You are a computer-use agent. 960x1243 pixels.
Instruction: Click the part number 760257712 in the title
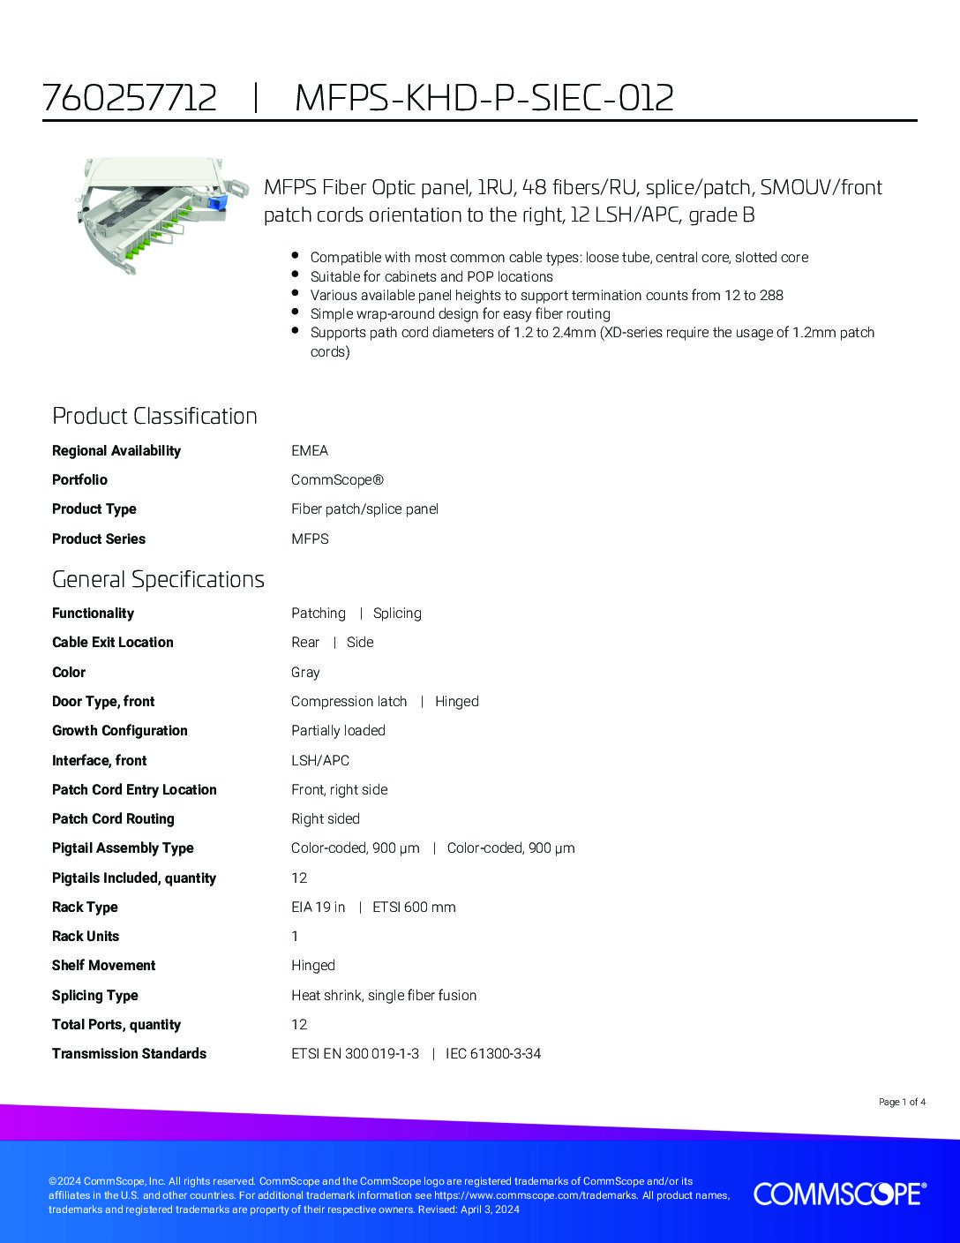point(130,97)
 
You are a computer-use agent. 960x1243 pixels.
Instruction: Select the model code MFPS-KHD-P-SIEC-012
point(484,97)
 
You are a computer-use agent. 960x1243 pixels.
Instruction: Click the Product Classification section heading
point(154,416)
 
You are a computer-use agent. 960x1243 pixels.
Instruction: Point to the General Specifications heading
point(158,579)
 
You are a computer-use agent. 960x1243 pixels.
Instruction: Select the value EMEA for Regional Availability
point(310,450)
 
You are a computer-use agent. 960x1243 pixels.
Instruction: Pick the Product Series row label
point(99,539)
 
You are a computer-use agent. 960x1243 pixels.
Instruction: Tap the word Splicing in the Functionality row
point(397,614)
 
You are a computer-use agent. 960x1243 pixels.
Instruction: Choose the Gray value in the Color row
point(305,673)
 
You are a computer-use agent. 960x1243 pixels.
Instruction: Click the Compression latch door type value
point(349,702)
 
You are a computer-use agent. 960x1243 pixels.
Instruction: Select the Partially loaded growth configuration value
point(338,731)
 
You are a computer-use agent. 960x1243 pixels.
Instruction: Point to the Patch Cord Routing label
point(113,819)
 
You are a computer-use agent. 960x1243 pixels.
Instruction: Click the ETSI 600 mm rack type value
point(414,908)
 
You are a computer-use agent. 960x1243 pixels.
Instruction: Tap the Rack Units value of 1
point(296,937)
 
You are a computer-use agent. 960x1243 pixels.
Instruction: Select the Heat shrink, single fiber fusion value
point(384,996)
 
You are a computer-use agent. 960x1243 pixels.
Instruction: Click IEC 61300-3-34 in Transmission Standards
point(493,1054)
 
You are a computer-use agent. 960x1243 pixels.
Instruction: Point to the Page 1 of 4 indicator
point(902,1102)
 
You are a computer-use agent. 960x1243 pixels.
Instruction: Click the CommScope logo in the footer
point(839,1194)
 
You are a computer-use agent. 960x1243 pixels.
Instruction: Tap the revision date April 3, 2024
point(490,1209)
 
